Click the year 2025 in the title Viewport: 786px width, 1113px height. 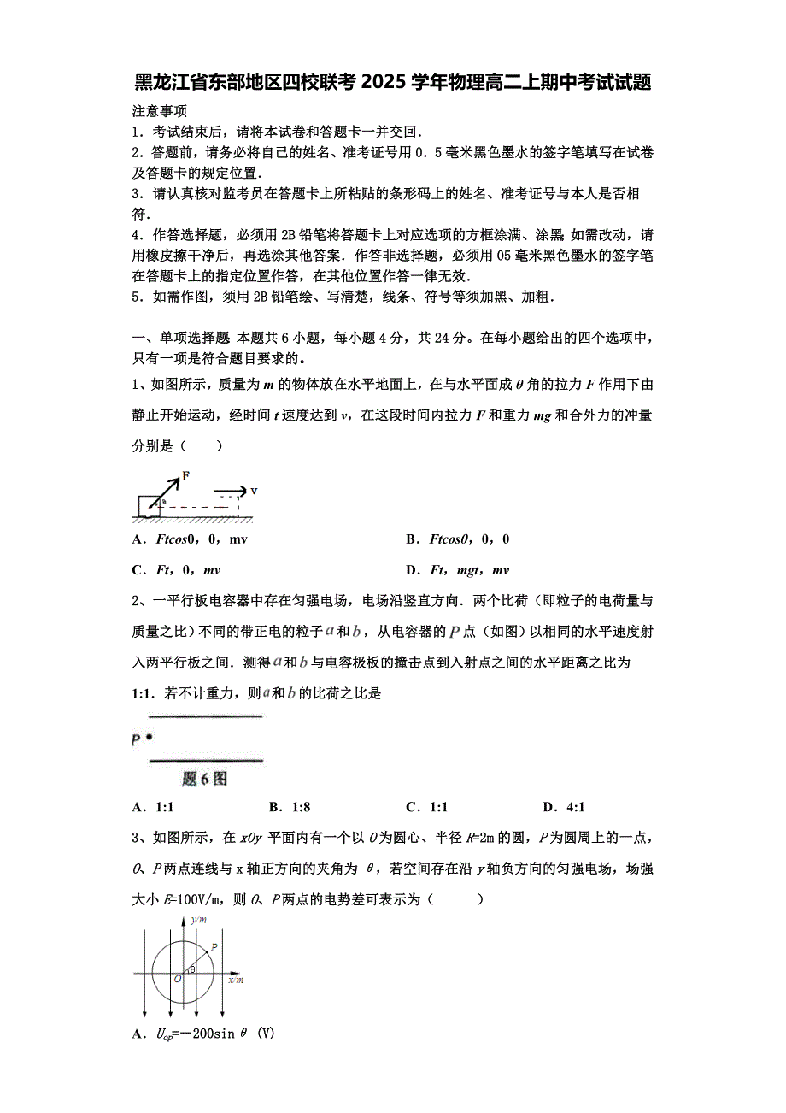[x=385, y=83]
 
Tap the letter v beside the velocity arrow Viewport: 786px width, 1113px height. [x=254, y=491]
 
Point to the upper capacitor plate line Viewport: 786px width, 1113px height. [x=205, y=715]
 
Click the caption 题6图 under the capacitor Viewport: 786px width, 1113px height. [x=205, y=779]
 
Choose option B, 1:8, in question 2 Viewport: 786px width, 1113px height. [x=290, y=807]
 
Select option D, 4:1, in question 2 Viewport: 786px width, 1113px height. [x=565, y=807]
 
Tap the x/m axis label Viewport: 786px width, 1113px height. [x=235, y=980]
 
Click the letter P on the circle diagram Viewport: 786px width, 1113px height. [x=213, y=946]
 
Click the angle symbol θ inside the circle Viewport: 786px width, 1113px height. [x=193, y=969]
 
